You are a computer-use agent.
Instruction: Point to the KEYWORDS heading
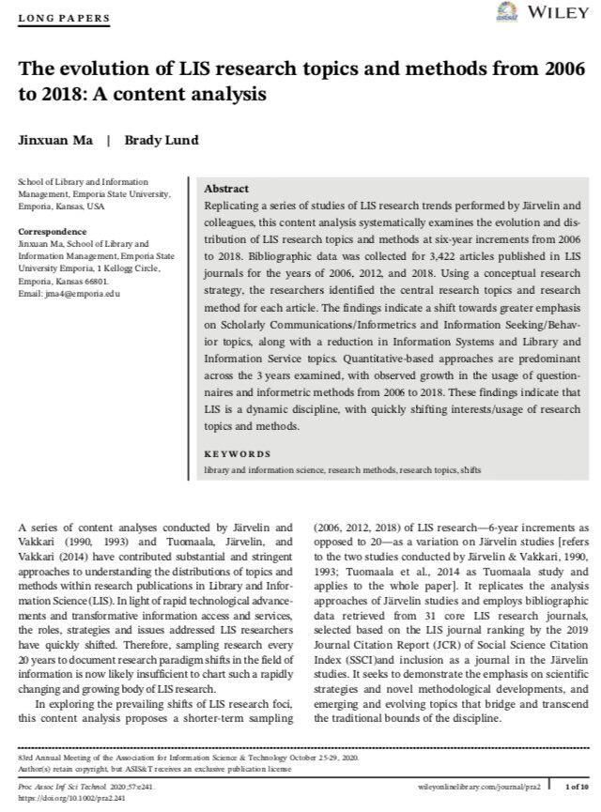coord(236,453)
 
